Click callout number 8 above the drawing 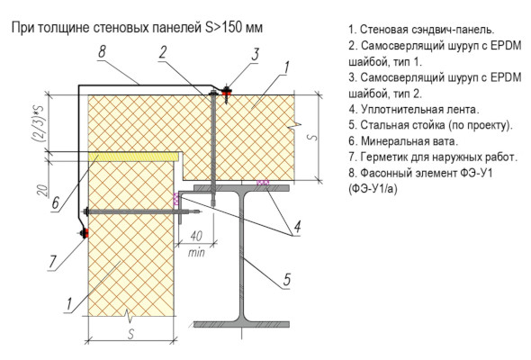pos(102,51)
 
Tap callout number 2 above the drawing pos(163,52)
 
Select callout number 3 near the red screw pos(255,54)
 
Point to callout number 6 pos(56,202)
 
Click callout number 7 pos(52,261)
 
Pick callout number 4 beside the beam pos(297,227)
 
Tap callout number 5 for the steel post pos(287,280)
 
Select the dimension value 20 pos(42,191)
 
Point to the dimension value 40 pos(196,236)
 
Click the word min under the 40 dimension pos(196,252)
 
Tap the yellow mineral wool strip pos(134,156)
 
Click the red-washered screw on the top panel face pos(226,92)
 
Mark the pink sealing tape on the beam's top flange pos(263,183)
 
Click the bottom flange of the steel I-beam pos(241,324)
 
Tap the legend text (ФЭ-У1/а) pos(373,189)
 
